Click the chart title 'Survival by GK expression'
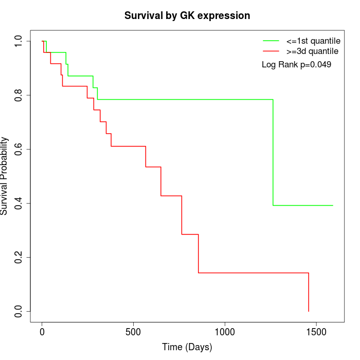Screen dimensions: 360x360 [x=187, y=16]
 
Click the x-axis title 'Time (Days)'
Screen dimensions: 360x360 [x=187, y=347]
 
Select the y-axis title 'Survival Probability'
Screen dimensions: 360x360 [x=5, y=176]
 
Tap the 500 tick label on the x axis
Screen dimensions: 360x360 [x=133, y=332]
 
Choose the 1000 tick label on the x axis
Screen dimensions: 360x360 [x=225, y=332]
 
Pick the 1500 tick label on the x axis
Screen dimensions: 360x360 [x=316, y=332]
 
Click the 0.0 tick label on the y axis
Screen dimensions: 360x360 [x=19, y=311]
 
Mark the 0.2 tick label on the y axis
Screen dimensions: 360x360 [x=19, y=257]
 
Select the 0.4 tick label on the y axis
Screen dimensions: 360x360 [x=19, y=203]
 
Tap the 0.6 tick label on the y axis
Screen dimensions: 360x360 [x=19, y=149]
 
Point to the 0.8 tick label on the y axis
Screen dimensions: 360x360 [x=19, y=95]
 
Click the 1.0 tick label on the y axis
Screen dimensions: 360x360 [x=19, y=41]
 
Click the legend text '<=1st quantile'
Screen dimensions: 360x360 [x=313, y=40]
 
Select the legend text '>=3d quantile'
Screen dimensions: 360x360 [x=312, y=51]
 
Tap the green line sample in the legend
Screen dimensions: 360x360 [x=271, y=40]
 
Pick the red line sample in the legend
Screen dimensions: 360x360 [x=271, y=51]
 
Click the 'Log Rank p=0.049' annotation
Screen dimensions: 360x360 [x=296, y=65]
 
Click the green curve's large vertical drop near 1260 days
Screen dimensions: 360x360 [x=273, y=152]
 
